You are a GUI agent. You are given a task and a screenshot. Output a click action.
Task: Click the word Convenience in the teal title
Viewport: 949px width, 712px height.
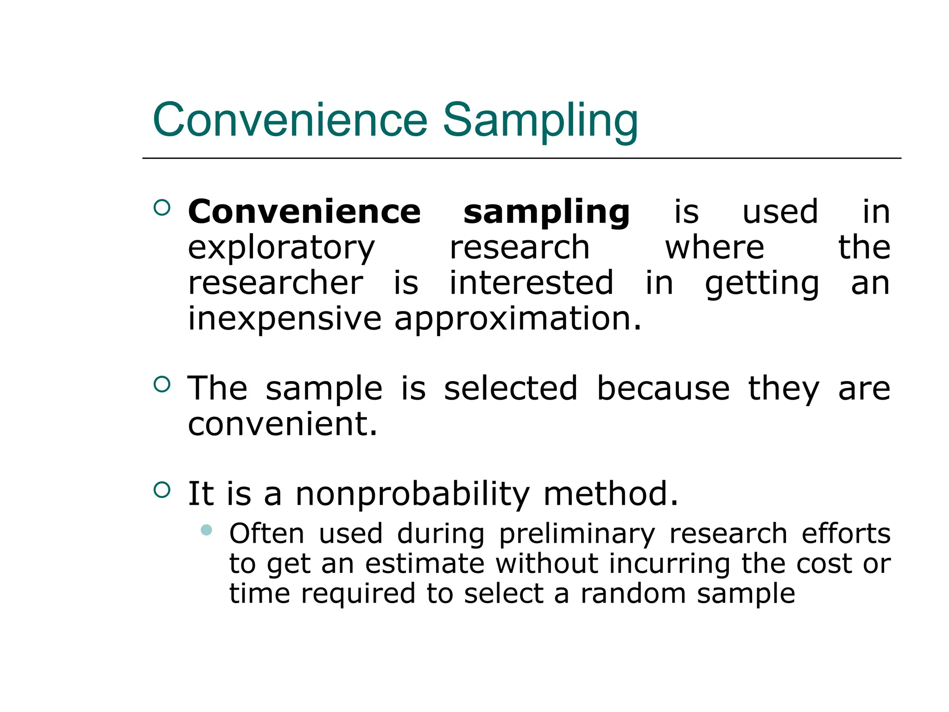coord(290,121)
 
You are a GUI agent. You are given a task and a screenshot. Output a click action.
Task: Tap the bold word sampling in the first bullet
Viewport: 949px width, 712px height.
coord(546,212)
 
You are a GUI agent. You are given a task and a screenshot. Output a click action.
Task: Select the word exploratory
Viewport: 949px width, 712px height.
coord(281,248)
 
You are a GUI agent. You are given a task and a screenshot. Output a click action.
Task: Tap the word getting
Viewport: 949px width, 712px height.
coord(762,284)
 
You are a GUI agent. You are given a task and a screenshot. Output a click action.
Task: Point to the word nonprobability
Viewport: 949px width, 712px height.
coord(412,494)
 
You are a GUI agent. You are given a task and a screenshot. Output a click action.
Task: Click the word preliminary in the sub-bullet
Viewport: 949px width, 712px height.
coord(577,534)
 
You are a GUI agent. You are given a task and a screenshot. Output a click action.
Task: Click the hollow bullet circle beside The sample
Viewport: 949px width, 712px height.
coord(162,384)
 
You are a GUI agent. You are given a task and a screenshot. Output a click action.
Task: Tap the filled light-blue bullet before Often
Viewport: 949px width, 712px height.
coord(207,530)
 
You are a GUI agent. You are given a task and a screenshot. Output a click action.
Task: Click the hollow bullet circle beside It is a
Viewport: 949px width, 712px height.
coord(162,489)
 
